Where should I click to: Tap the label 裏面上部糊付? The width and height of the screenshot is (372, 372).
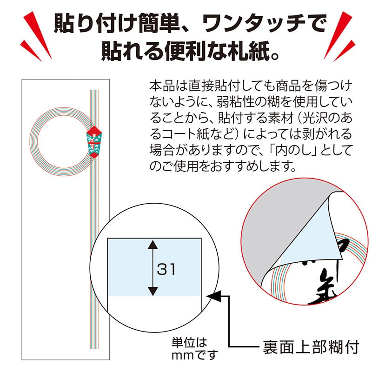[x=308, y=347]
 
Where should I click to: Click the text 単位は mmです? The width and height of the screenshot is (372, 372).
[x=195, y=349]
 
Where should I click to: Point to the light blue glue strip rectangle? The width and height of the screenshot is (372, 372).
[x=154, y=267]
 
